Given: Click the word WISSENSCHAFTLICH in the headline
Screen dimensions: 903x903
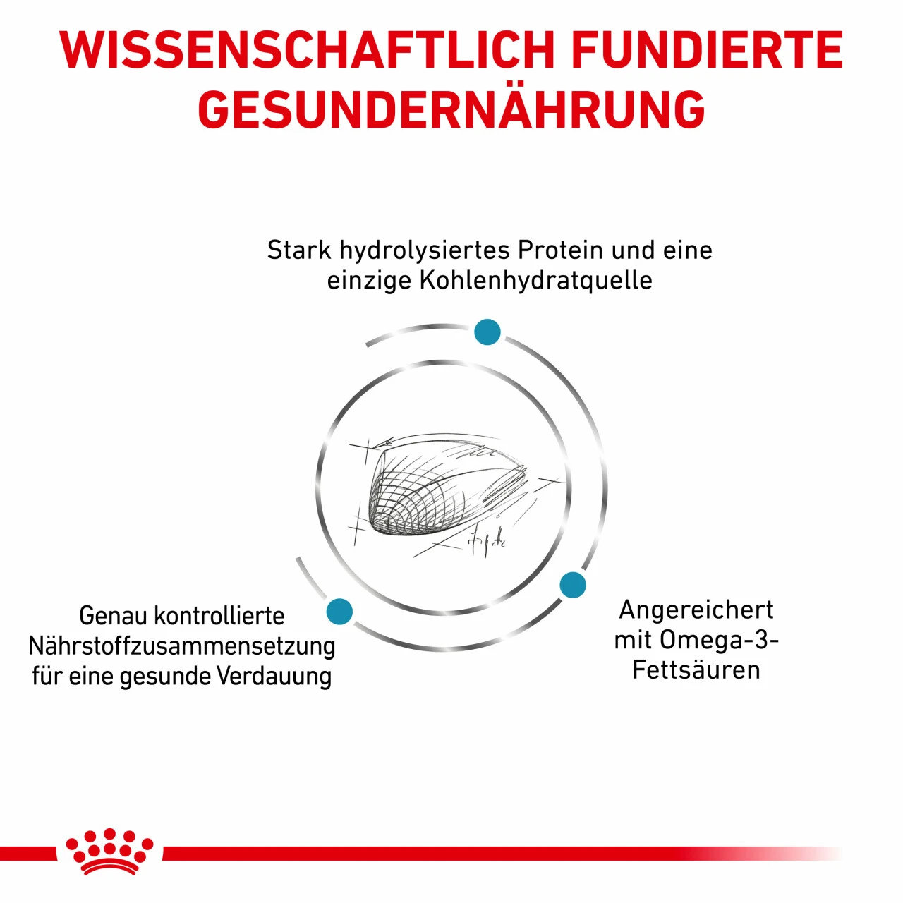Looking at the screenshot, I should (x=308, y=50).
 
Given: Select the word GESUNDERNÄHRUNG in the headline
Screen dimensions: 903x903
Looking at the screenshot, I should (x=451, y=109).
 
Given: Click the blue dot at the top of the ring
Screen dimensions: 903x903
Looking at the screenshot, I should (x=487, y=332).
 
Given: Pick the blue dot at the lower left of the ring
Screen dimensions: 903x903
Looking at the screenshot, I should (x=339, y=612).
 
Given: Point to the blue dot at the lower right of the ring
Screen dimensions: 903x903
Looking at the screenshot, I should (x=573, y=585).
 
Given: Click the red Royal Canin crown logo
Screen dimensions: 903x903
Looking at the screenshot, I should (x=109, y=852).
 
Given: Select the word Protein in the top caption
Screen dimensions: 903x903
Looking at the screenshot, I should (x=560, y=250).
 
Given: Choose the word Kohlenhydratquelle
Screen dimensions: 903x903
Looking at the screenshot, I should (x=536, y=281).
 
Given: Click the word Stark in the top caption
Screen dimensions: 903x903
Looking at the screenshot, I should (x=299, y=250).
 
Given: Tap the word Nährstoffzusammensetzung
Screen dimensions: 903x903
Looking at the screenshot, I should (x=182, y=646).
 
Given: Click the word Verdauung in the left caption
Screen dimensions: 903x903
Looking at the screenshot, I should (x=274, y=677).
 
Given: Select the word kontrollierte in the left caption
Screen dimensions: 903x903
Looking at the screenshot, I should (x=219, y=616).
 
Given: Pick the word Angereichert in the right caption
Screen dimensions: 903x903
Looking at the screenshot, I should (x=696, y=610).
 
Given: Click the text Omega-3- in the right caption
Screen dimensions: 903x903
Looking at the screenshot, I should (x=719, y=641).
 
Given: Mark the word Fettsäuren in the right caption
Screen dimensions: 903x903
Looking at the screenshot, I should (x=696, y=670).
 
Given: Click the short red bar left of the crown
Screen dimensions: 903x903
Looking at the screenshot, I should (x=28, y=854).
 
